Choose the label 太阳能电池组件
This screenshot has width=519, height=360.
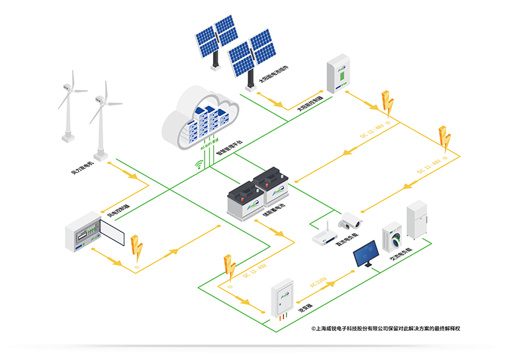tap(273, 77)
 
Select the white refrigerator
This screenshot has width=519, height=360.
tap(418, 220)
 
